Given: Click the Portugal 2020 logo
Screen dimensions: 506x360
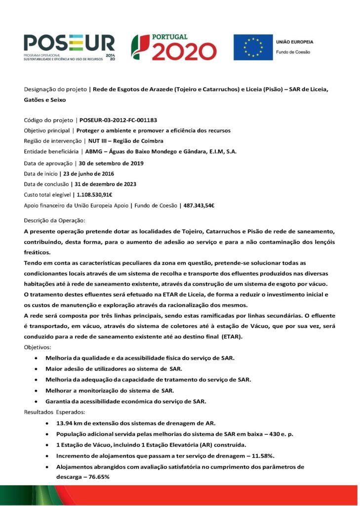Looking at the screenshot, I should point(173,47).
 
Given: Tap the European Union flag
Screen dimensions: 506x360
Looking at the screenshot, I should point(253,47).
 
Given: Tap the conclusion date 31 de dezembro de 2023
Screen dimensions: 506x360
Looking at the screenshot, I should point(103,184).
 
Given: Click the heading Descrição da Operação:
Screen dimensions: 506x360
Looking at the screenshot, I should point(55,220).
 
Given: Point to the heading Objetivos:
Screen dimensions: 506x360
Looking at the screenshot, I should point(40,347).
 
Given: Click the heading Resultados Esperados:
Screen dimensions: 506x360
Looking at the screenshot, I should point(54,412).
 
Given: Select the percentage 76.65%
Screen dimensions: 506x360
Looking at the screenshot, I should point(95,477).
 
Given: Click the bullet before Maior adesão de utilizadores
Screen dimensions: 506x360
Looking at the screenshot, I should point(37,369).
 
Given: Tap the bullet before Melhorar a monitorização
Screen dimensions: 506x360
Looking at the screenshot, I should point(37,391).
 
